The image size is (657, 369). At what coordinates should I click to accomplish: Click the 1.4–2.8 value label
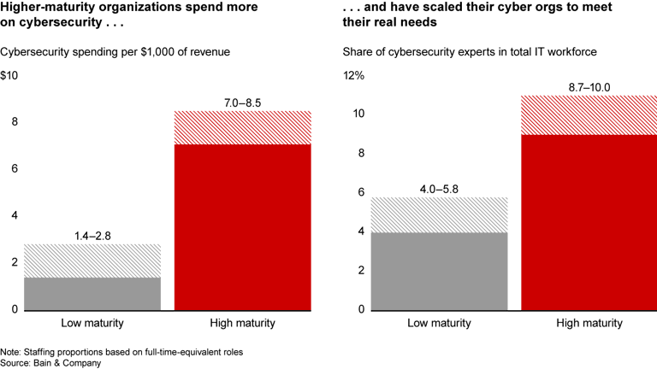[x=92, y=236]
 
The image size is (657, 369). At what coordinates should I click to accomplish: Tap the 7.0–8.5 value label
[x=242, y=102]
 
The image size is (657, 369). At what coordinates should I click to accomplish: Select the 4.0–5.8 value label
[x=439, y=189]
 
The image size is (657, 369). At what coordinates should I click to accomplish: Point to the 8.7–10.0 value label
[x=589, y=87]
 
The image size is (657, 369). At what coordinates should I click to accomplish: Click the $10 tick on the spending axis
[x=9, y=75]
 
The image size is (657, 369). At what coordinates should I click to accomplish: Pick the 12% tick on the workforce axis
[x=353, y=75]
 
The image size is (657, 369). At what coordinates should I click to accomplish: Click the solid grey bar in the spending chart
[x=92, y=294]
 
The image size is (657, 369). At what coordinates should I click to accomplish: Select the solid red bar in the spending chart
[x=243, y=227]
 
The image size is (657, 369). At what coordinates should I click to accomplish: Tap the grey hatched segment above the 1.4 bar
[x=92, y=261]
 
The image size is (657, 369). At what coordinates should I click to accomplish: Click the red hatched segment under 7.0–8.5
[x=243, y=127]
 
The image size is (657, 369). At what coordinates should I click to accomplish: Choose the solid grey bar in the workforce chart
[x=439, y=272]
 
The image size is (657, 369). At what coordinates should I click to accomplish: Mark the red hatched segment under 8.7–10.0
[x=589, y=115]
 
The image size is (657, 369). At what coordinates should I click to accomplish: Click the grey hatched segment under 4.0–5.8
[x=439, y=215]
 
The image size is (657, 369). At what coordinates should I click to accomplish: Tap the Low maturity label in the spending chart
[x=92, y=323]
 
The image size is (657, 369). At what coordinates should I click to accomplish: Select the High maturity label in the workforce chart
[x=589, y=323]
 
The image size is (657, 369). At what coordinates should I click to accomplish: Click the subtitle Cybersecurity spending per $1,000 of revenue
[x=115, y=52]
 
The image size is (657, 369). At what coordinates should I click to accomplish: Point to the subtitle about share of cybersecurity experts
[x=470, y=52]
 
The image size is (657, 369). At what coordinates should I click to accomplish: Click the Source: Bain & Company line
[x=50, y=363]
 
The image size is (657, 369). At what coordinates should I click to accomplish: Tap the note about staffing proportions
[x=121, y=352]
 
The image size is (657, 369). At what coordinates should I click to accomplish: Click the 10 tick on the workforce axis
[x=358, y=114]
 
